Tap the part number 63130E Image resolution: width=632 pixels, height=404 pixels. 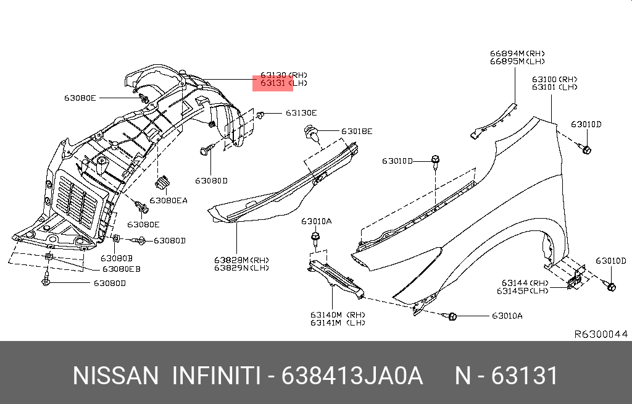pos(301,113)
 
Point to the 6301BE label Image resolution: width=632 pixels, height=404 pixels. pos(357,132)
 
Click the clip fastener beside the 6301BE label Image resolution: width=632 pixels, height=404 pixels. pos(312,133)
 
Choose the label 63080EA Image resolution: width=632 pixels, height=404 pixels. pos(168,201)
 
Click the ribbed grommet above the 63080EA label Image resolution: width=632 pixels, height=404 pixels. pos(163,183)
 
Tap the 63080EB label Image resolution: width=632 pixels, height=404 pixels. pos(121,269)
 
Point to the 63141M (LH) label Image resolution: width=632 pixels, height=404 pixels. pos(337,322)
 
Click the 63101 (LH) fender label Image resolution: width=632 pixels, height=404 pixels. pos(554,87)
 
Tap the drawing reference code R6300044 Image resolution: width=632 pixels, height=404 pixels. pos(601,334)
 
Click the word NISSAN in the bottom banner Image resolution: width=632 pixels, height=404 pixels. pos(115,376)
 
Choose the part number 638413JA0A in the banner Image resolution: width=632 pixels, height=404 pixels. pos(352,376)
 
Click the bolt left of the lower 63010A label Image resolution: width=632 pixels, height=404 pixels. pos(451,316)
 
